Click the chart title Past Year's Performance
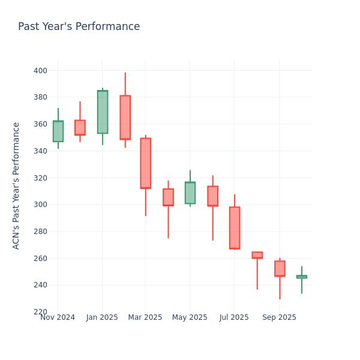79,27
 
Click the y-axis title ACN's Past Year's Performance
17,185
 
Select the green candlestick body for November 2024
58,131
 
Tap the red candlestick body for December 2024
80,127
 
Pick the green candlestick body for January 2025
103,112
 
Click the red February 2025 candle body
125,118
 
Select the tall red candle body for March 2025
145,163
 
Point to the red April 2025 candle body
168,197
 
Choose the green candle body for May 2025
190,193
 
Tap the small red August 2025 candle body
257,255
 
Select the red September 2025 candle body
280,268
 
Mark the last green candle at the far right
301,277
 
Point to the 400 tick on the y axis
40,71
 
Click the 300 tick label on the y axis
40,205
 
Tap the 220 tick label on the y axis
40,312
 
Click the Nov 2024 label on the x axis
58,317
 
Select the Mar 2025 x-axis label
145,317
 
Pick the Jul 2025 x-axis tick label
234,317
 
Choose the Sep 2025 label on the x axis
279,317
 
